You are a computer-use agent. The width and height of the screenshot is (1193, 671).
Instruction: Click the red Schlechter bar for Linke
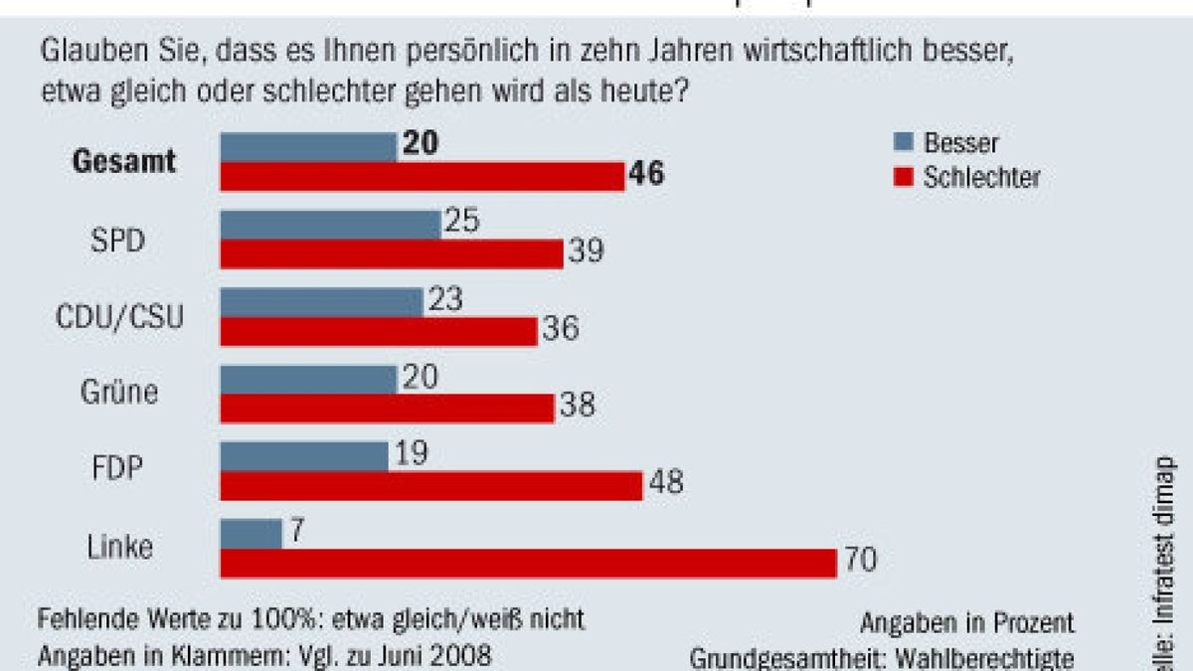click(528, 563)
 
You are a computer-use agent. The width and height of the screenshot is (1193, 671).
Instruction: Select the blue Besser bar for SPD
click(330, 225)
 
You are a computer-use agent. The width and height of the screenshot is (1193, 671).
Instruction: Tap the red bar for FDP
click(431, 486)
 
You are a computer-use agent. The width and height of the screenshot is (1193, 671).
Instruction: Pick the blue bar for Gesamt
click(308, 147)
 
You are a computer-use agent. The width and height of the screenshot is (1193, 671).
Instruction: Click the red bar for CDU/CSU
click(379, 331)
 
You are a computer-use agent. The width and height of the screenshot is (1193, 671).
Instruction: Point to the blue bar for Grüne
click(308, 379)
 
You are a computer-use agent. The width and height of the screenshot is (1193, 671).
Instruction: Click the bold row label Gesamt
click(124, 162)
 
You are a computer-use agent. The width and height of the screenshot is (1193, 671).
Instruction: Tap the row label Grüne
click(119, 394)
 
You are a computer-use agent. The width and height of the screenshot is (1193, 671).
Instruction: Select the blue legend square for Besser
click(903, 143)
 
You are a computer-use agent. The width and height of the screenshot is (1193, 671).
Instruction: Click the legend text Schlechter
click(981, 177)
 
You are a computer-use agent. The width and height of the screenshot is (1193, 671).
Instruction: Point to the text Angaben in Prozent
click(966, 623)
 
